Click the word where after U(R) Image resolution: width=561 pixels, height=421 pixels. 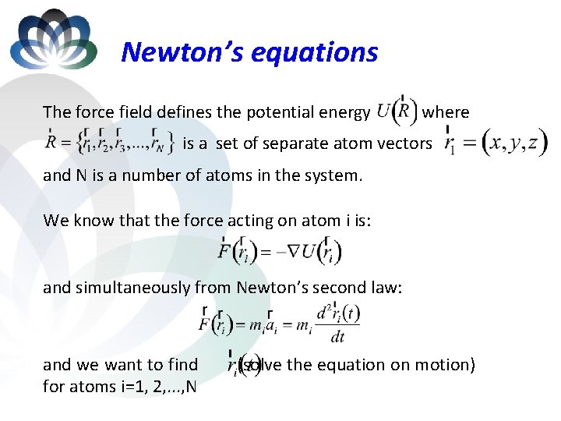(446, 112)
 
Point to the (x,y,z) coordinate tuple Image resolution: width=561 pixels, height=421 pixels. (515, 143)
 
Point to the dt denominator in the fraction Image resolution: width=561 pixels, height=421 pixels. (338, 337)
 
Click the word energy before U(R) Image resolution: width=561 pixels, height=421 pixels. (341, 112)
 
